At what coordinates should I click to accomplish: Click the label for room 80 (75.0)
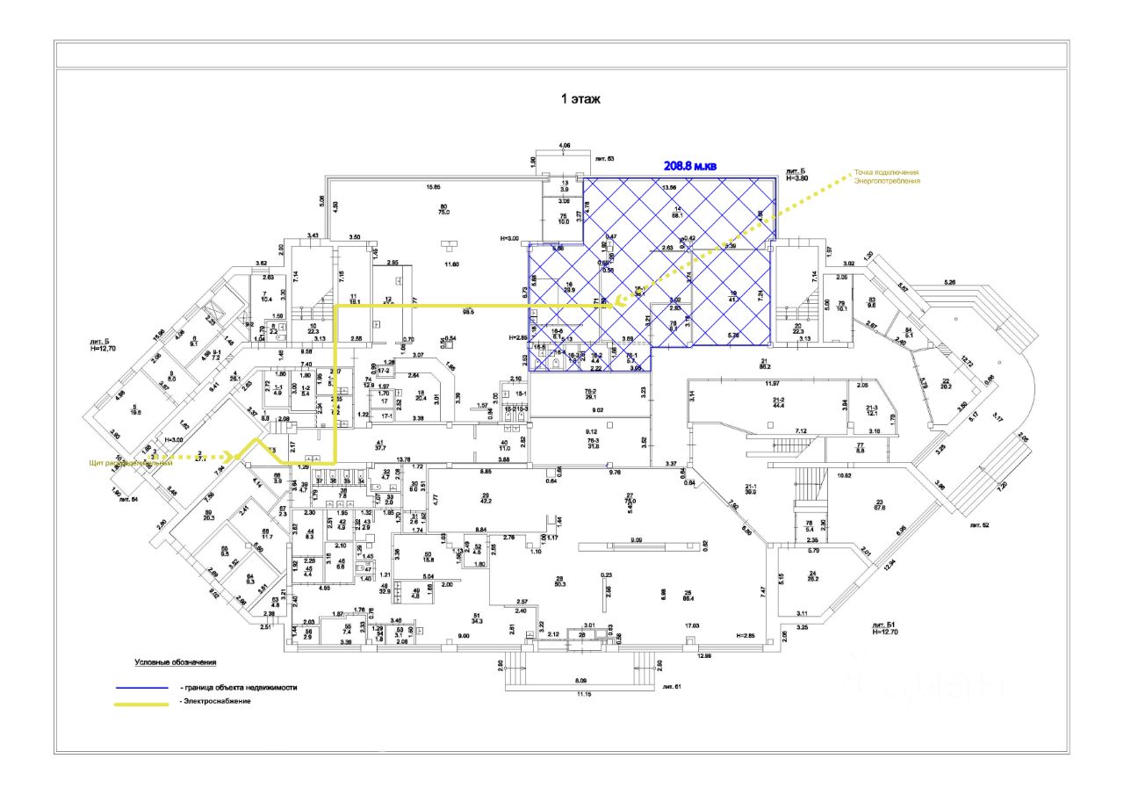443,209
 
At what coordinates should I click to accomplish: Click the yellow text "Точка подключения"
887,172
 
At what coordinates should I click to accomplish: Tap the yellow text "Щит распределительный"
130,463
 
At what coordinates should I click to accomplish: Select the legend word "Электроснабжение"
216,702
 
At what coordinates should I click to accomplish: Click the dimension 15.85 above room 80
433,187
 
